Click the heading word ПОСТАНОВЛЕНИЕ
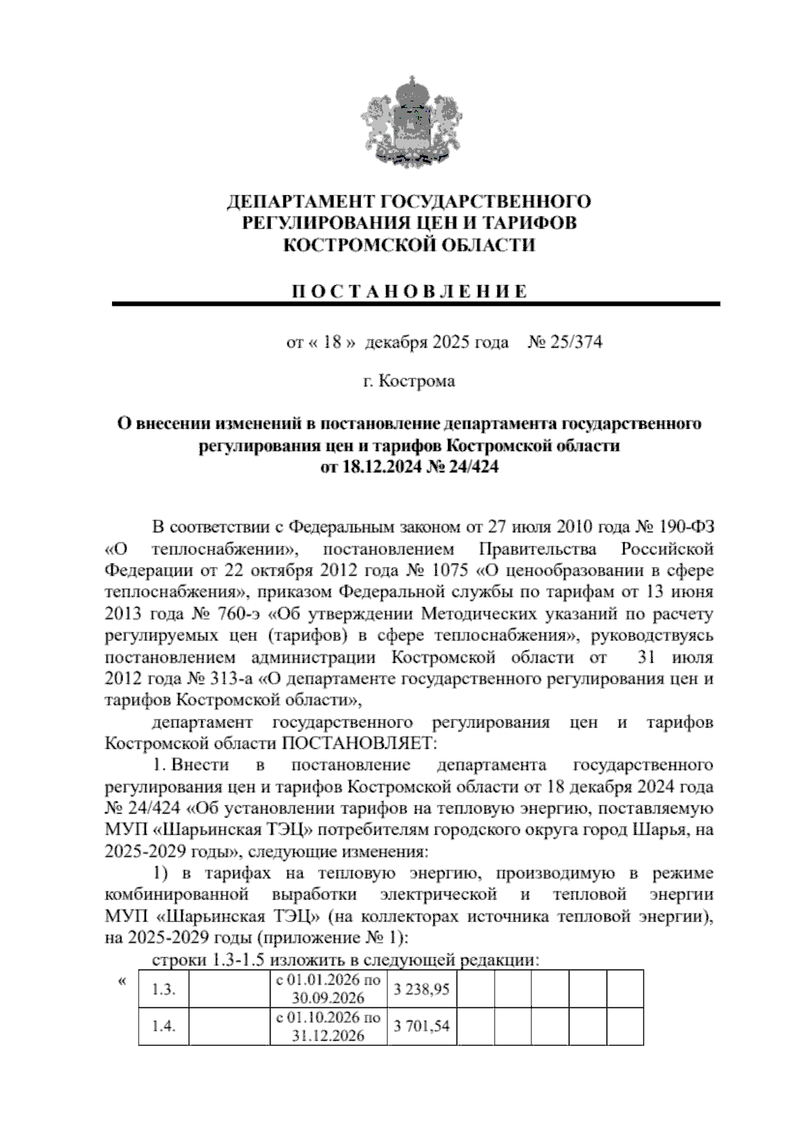(x=411, y=291)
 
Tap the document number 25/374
(x=574, y=342)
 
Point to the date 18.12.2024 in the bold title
(x=379, y=467)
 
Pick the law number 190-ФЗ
(x=686, y=528)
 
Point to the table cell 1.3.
(x=163, y=990)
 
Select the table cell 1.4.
(x=163, y=1027)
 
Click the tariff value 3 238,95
(x=421, y=990)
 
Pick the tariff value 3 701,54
(x=421, y=1027)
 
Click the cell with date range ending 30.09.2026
(x=328, y=989)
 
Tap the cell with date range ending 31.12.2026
(x=328, y=1027)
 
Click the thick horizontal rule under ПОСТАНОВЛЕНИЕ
(x=416, y=304)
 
